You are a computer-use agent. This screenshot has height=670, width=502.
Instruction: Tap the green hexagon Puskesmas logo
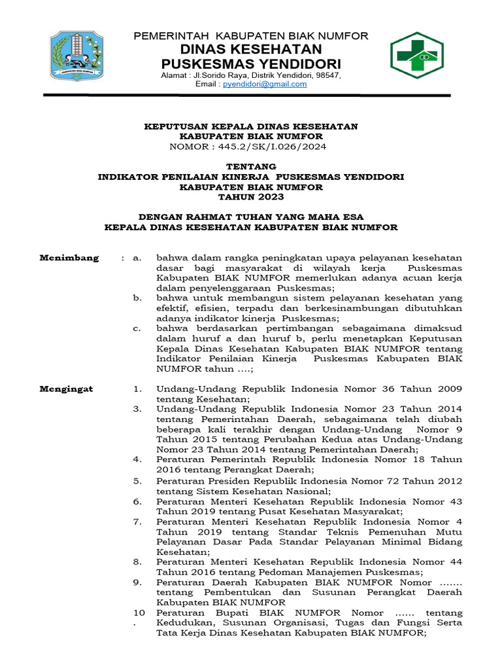pos(416,55)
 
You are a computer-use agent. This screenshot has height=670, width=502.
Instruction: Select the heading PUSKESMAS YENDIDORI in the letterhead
pos(251,64)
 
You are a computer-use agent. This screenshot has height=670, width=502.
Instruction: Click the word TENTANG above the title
pos(251,167)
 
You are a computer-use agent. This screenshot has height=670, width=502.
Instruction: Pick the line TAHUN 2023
pos(251,197)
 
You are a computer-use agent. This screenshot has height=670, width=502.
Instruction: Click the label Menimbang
pos(69,258)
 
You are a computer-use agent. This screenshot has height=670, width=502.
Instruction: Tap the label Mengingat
pos(67,389)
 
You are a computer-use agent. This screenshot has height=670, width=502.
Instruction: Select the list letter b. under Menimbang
pos(137,298)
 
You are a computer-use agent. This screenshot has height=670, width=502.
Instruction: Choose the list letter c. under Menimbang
pos(137,328)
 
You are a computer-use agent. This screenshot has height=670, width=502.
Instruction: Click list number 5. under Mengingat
pos(137,480)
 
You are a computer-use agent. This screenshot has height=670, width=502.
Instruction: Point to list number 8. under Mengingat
pos(137,561)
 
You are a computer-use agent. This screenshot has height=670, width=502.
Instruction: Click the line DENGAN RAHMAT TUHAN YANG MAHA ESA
pos(251,217)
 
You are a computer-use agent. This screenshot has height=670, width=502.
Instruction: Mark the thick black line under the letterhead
pos(247,96)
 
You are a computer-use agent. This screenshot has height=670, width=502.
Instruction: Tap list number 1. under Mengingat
pos(137,389)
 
